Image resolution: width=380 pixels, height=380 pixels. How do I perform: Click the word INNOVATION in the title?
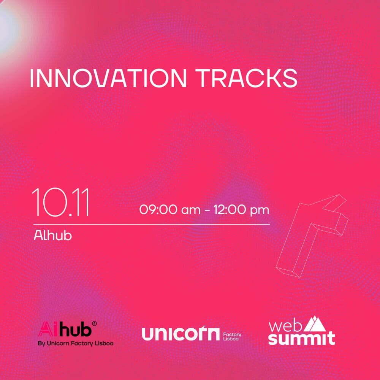tap(108, 78)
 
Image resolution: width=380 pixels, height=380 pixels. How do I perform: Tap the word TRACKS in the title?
tap(247, 78)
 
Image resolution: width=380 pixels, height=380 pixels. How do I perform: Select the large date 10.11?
tap(61, 202)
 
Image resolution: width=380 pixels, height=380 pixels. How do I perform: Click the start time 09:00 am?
tap(170, 210)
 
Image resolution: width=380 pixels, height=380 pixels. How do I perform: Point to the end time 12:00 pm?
tap(241, 210)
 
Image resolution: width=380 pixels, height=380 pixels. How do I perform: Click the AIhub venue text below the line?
tap(53, 235)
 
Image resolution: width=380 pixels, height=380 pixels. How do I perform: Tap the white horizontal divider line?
tap(152, 225)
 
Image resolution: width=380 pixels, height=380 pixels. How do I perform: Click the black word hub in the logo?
tap(76, 329)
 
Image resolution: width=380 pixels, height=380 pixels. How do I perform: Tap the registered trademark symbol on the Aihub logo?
tap(95, 324)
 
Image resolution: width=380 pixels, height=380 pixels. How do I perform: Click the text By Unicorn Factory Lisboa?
tap(76, 344)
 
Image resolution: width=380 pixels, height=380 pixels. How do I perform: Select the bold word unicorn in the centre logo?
tap(180, 334)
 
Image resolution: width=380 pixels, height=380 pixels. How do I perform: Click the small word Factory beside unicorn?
tap(232, 334)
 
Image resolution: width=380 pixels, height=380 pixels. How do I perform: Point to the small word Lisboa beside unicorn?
tap(231, 339)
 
